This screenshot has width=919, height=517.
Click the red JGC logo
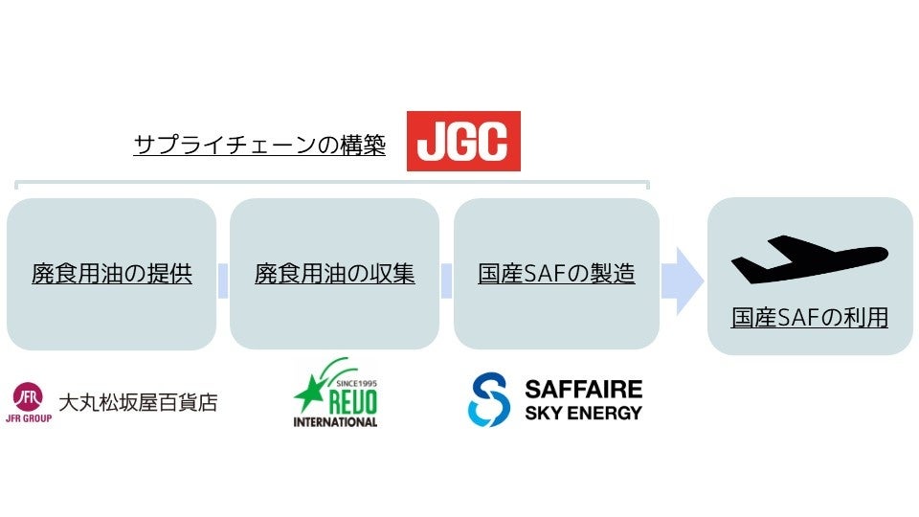pos(463,141)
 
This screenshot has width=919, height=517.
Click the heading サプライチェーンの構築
pos(259,146)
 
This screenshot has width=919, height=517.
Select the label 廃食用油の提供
pos(112,274)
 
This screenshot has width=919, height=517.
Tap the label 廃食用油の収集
pos(335,274)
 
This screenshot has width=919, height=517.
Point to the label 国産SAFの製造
pos(556,274)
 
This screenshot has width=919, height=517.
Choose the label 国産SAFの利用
pos(809,318)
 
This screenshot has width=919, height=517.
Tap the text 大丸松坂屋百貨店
pos(138,402)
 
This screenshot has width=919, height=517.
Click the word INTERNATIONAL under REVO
pos(335,421)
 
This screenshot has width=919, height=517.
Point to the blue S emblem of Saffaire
pos(489,400)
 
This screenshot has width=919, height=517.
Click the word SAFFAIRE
pos(583,390)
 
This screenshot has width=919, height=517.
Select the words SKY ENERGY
pos(583,414)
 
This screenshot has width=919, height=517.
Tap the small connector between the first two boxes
pos(223,281)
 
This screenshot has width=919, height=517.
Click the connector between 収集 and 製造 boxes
pos(446,281)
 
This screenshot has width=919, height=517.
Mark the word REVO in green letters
pos(349,400)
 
